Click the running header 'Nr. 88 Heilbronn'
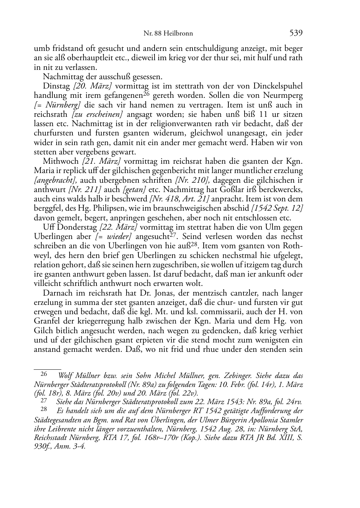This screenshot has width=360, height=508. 168,33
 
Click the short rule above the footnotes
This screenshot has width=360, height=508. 47,368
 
